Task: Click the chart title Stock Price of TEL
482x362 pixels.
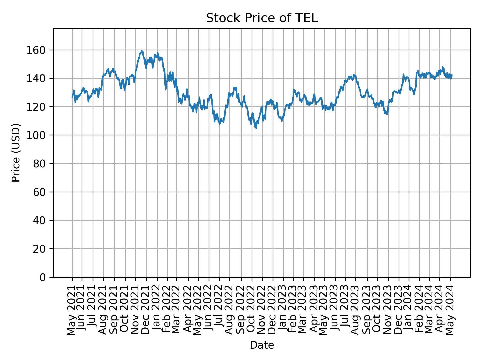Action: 262,18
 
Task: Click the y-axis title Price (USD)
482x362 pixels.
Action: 16,153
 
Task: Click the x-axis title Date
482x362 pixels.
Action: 262,345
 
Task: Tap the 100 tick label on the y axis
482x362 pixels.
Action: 39,135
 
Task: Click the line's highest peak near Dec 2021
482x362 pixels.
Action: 142,51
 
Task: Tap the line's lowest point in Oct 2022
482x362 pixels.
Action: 256,128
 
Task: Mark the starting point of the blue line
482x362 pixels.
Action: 72,97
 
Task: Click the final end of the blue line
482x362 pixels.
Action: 452,75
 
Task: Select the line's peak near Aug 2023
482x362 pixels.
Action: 353,74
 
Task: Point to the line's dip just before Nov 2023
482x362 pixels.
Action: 387,114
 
